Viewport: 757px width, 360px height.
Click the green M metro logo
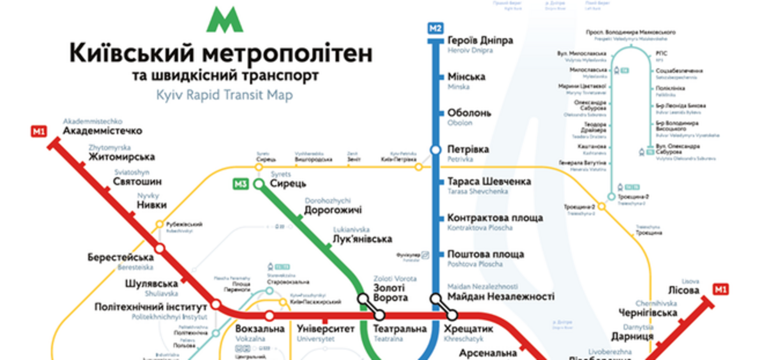coord(225,20)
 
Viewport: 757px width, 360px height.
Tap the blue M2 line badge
coord(435,28)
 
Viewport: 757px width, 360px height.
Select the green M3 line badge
coord(240,184)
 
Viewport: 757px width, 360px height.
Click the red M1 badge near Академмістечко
coord(39,131)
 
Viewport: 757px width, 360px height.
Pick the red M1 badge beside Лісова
coord(720,289)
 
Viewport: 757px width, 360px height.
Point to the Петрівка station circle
coord(435,150)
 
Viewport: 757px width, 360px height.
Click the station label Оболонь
coord(469,113)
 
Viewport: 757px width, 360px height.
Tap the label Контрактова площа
coord(495,218)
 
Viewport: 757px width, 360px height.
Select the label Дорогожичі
coord(333,210)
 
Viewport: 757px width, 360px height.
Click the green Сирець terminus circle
coord(259,184)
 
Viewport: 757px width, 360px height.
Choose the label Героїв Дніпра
coord(480,41)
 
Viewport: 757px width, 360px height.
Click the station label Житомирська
coord(121,157)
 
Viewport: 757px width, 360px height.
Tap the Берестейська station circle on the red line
coord(160,248)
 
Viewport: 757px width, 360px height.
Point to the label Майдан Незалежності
coord(500,296)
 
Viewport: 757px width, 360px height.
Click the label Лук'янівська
coord(362,239)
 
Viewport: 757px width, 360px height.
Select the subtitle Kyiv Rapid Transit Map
coord(224,95)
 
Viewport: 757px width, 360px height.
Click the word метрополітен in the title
coord(287,53)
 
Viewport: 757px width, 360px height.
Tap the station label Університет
coord(326,329)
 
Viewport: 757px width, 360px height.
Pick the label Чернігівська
coord(648,313)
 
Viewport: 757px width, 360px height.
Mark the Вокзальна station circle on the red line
coord(269,315)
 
